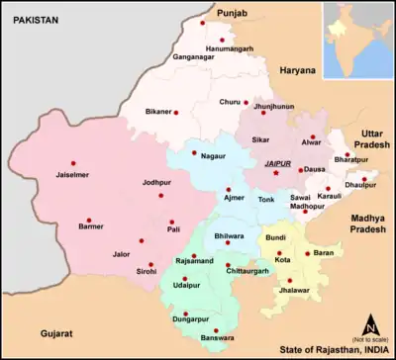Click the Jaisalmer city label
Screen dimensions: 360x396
pos(53,176)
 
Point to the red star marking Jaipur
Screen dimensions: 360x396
pos(276,174)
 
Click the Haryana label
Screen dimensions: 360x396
pos(296,70)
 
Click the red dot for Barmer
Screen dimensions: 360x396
pos(88,221)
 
